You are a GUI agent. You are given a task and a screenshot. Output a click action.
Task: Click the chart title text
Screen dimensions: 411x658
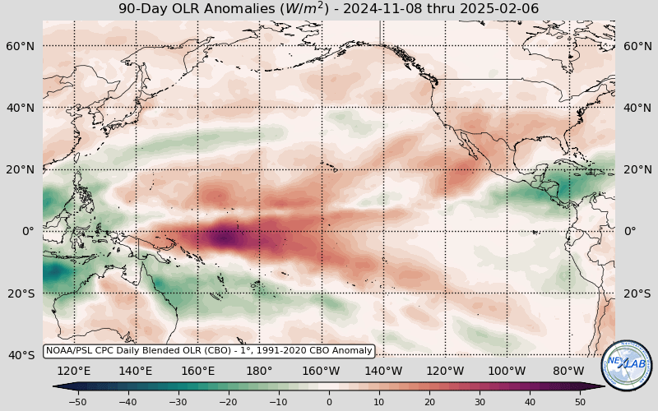[329, 9]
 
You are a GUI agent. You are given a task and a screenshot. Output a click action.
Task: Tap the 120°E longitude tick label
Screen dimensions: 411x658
[74, 371]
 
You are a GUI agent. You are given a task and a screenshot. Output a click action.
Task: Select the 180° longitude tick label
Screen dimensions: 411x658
[260, 371]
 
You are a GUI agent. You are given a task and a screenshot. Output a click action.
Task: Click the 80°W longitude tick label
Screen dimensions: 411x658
[569, 371]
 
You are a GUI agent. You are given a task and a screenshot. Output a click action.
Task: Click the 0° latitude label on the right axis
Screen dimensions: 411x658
[630, 231]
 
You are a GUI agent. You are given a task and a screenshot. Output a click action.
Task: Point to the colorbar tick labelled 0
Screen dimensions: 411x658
[329, 402]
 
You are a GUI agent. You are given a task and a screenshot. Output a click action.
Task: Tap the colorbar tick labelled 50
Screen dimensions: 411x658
[581, 402]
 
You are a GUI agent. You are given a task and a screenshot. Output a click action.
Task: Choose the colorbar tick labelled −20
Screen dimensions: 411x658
[228, 402]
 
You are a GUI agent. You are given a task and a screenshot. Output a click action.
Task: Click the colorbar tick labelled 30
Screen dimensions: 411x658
[480, 402]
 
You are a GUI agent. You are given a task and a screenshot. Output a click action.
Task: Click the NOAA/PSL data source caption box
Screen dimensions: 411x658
[209, 351]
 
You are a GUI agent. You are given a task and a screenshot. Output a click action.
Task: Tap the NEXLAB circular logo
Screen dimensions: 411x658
[627, 366]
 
